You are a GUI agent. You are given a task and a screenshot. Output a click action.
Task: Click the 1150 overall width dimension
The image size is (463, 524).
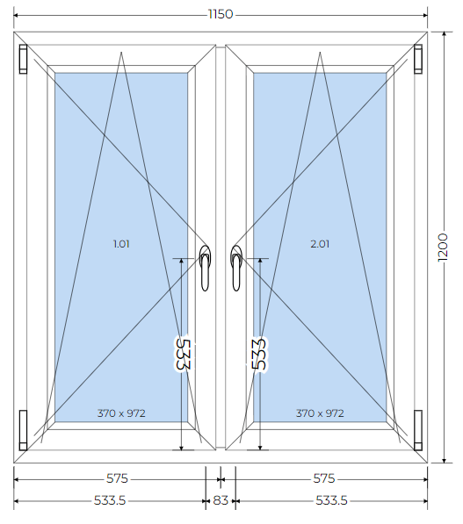[x=221, y=14]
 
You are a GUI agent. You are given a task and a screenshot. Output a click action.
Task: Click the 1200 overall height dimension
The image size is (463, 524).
[x=443, y=248]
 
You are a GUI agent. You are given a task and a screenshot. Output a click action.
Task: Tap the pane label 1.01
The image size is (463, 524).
[x=121, y=244]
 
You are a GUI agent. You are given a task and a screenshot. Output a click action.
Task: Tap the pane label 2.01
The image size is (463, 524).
[x=320, y=244]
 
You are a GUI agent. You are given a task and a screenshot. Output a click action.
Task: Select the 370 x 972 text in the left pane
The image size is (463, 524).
[x=121, y=413]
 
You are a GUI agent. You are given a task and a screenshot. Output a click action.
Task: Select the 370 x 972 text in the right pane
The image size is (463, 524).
[x=320, y=413]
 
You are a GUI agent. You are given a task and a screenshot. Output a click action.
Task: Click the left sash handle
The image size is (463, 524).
[x=205, y=268]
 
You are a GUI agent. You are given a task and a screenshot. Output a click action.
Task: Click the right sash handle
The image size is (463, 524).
[x=236, y=268]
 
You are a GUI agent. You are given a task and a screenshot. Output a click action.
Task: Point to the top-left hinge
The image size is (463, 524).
[x=23, y=59]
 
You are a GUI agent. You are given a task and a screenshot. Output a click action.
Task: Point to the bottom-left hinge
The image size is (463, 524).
[x=23, y=430]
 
